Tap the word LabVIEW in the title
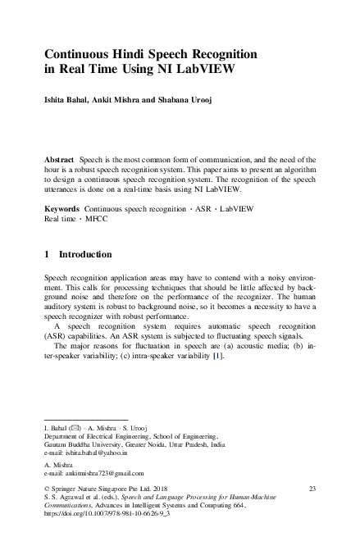pyautogui.click(x=203, y=69)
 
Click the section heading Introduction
pyautogui.click(x=92, y=255)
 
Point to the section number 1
pyautogui.click(x=46, y=255)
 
